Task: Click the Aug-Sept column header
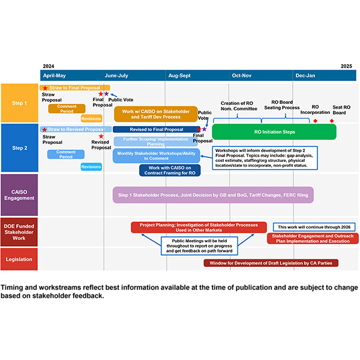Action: [180, 76]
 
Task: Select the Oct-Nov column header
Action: [242, 76]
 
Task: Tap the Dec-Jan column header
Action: [305, 76]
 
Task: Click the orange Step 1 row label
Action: [20, 103]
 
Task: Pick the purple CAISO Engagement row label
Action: [20, 194]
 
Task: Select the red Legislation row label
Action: [20, 259]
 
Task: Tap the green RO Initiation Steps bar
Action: [274, 131]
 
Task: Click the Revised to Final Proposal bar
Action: [157, 130]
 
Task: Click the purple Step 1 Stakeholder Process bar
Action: [212, 195]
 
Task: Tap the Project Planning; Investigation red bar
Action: [199, 227]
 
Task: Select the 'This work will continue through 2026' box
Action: [314, 227]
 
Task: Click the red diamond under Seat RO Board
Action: [332, 121]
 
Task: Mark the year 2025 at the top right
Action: [346, 66]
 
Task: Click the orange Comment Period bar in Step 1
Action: [67, 109]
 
